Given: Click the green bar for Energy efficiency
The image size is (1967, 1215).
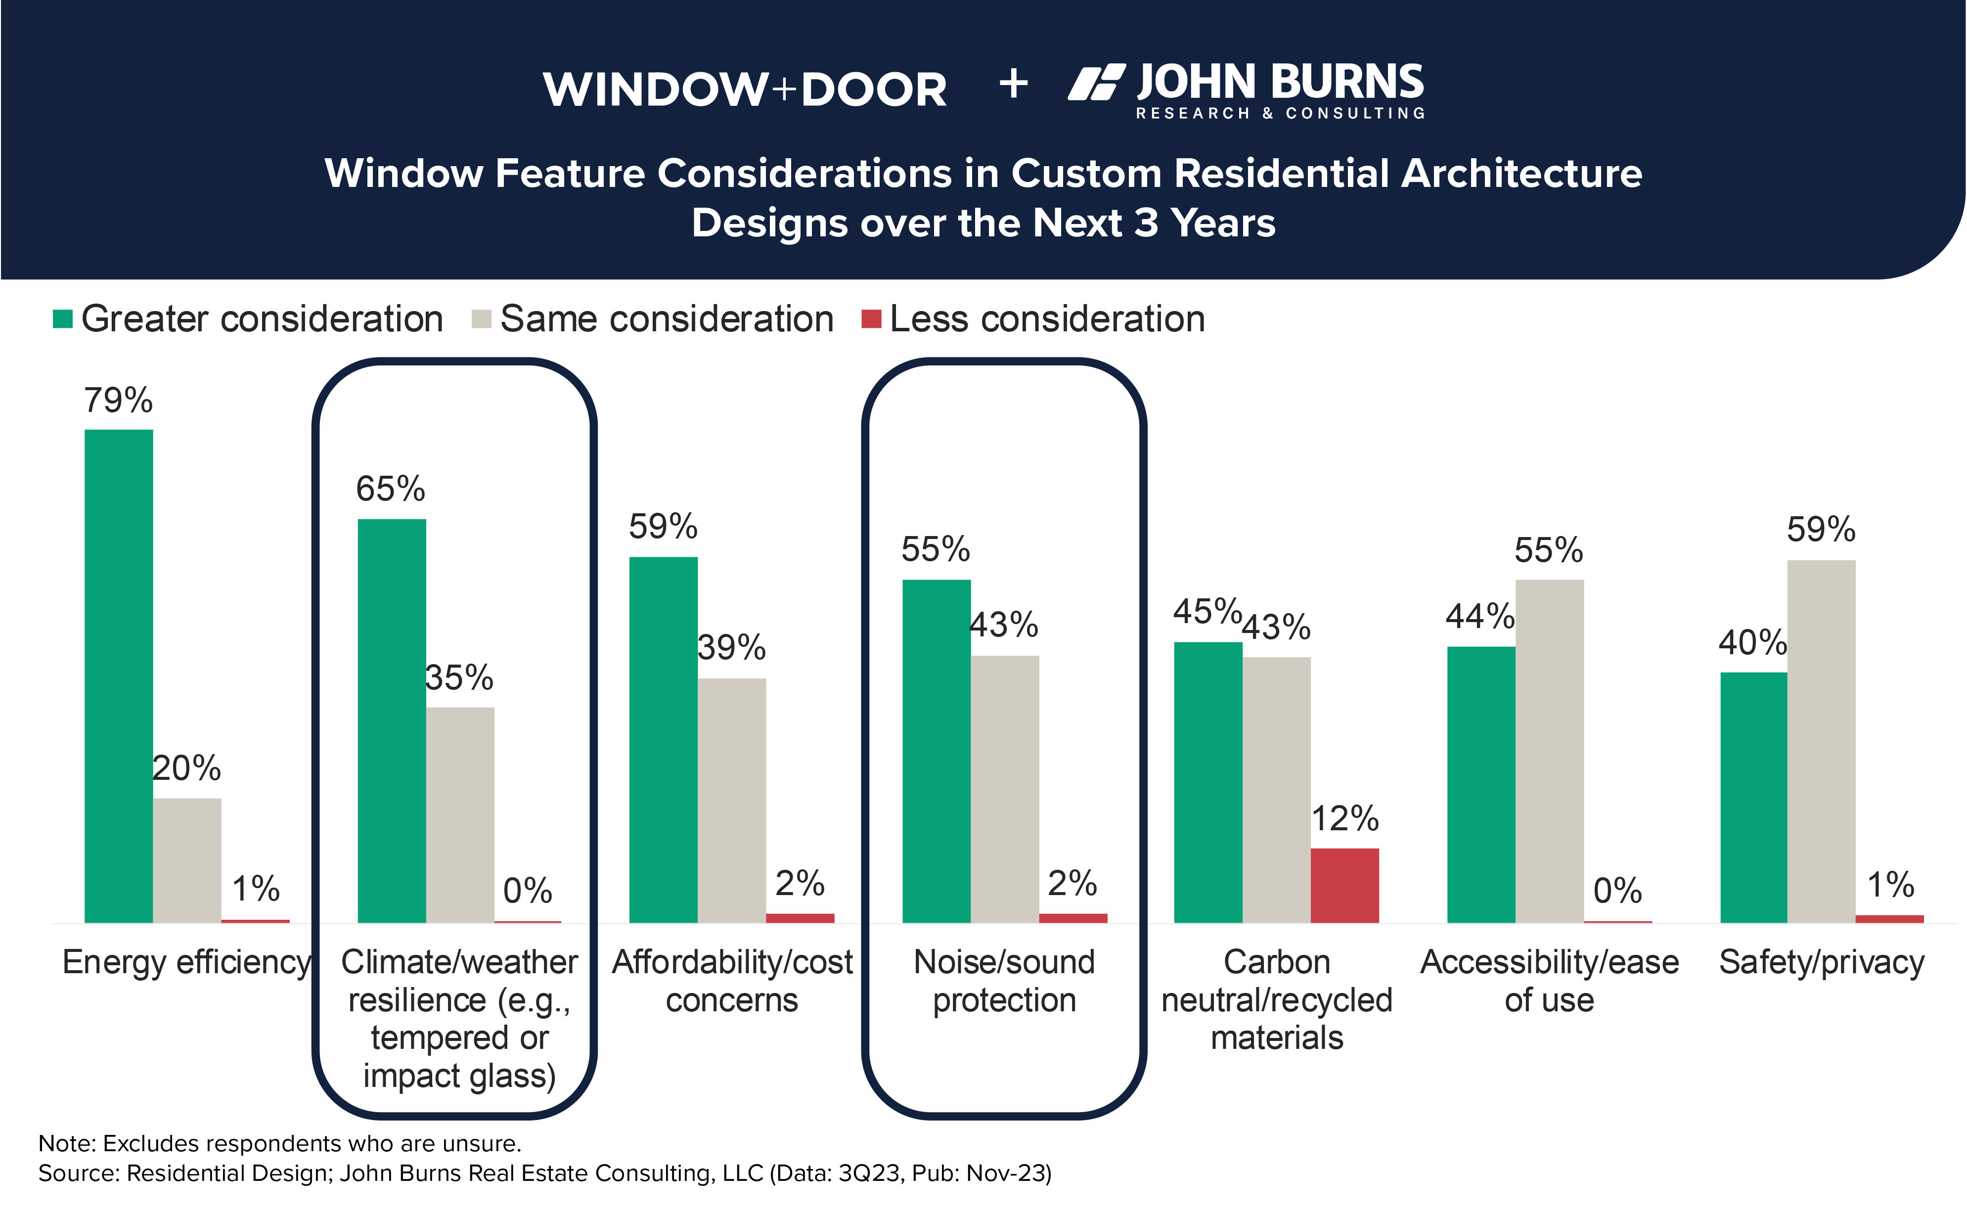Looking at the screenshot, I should pyautogui.click(x=118, y=675).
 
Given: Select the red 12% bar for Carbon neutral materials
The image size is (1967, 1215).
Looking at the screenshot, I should pyautogui.click(x=1344, y=885).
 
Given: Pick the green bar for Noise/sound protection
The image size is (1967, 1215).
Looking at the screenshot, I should pyautogui.click(x=936, y=751).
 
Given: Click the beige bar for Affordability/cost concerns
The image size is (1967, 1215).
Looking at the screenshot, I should pyautogui.click(x=731, y=800).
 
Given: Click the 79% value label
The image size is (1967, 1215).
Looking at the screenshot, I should pyautogui.click(x=118, y=400).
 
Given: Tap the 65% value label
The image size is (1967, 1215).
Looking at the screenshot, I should pyautogui.click(x=391, y=489).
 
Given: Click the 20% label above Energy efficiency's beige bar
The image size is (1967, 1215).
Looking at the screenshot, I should pyautogui.click(x=186, y=768).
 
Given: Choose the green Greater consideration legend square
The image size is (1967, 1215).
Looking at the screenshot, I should pyautogui.click(x=63, y=319).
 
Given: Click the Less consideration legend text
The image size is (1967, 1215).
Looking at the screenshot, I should pyautogui.click(x=1047, y=319).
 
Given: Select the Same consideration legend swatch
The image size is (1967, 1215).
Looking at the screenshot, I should pyautogui.click(x=481, y=319).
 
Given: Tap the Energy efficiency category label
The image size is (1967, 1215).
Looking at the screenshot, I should pyautogui.click(x=186, y=962).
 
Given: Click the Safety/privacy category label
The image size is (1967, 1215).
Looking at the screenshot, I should pyautogui.click(x=1821, y=962).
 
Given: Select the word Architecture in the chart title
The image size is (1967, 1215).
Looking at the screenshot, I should pyautogui.click(x=1521, y=174).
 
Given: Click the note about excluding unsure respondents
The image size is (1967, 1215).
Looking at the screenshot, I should pyautogui.click(x=280, y=1143).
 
